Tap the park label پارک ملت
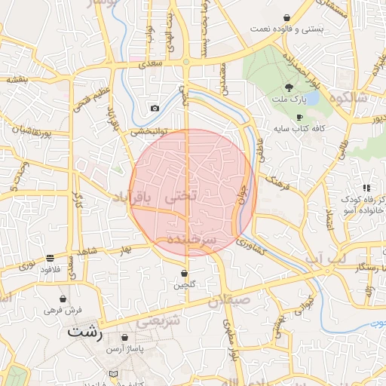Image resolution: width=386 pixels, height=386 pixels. coord(290,100)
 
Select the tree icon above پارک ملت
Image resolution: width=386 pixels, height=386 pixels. coord(289,87)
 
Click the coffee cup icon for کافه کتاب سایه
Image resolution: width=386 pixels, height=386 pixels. coord(299,118)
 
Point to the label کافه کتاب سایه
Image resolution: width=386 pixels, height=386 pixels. coord(299,129)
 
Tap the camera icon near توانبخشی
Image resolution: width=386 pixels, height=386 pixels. coord(155,108)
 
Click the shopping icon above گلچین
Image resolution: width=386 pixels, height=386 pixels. coord(185,273)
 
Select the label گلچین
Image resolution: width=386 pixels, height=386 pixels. coord(185,285)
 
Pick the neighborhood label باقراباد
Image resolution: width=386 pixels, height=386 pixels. coord(133,196)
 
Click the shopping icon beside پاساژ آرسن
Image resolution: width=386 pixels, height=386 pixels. coord(124,338)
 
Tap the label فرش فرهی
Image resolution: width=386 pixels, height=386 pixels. coord(62,309)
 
